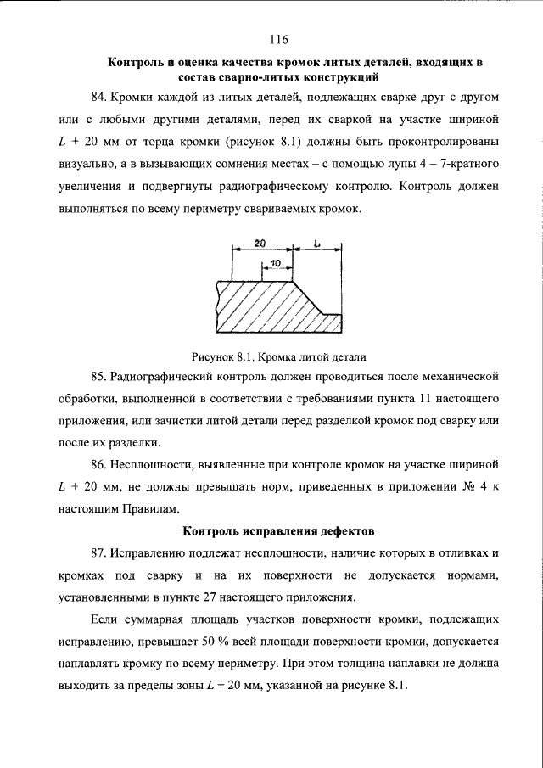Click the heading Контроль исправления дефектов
[278, 531]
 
